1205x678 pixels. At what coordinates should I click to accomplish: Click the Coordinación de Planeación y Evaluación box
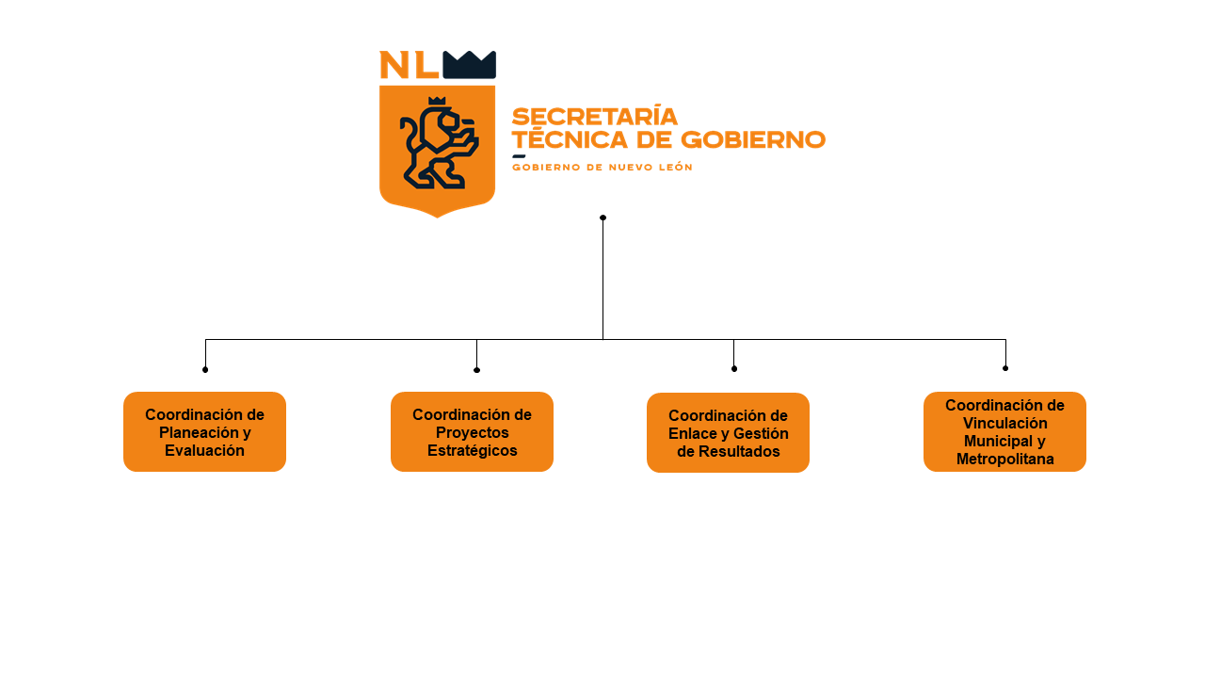[x=204, y=431]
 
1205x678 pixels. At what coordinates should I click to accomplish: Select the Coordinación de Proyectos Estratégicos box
[x=472, y=431]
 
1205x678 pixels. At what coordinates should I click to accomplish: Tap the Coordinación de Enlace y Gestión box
[x=728, y=432]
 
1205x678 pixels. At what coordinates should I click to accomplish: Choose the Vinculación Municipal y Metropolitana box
[x=1004, y=431]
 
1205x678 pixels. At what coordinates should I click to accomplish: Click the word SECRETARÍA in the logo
[x=594, y=116]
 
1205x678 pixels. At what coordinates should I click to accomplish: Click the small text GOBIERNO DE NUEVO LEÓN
[x=602, y=167]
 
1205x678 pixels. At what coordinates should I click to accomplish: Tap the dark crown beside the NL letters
[x=469, y=64]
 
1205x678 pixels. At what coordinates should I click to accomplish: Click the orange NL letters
[x=409, y=64]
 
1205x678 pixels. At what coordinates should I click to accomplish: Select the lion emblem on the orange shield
[x=438, y=143]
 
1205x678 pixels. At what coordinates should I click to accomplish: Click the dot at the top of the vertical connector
[x=602, y=218]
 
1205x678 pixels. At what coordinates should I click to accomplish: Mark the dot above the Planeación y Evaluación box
[x=205, y=369]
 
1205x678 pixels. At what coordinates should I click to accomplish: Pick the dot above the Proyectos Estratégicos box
[x=476, y=370]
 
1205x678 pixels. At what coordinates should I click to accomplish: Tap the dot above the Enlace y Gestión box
[x=734, y=368]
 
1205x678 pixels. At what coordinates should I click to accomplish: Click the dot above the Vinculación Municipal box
[x=1005, y=368]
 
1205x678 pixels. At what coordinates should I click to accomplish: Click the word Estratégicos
[x=472, y=450]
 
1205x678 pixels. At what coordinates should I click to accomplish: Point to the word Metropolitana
[x=1004, y=460]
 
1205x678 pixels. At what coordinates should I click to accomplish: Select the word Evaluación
[x=204, y=450]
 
